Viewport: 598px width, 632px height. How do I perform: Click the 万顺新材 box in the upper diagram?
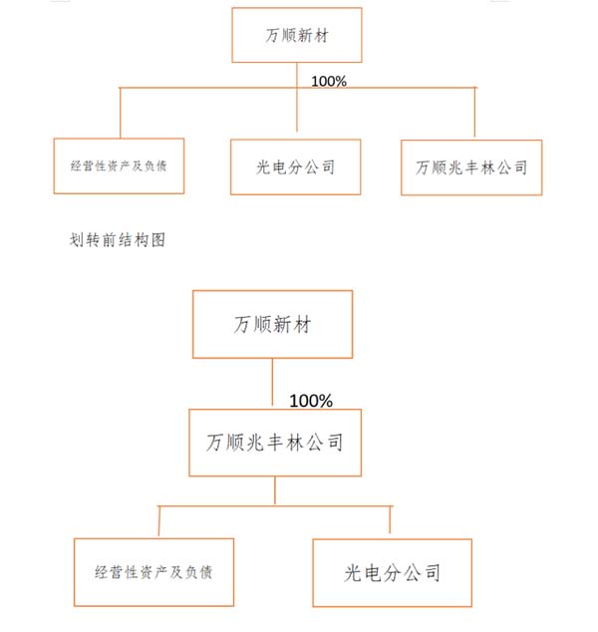297,35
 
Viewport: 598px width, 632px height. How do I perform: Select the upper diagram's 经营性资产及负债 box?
119,166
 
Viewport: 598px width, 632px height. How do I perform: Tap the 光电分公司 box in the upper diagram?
295,166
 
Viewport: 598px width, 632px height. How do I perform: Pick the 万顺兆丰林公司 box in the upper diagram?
471,167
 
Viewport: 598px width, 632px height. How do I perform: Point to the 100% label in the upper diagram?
329,82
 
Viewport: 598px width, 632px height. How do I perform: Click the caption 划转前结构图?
118,240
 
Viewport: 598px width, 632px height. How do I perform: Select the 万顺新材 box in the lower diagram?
273,324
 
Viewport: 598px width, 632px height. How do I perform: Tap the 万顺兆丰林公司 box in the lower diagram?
275,443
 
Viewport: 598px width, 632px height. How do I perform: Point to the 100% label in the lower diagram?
311,401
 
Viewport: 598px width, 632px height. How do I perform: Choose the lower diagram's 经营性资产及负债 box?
153,572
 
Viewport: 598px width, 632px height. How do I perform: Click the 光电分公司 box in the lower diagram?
393,573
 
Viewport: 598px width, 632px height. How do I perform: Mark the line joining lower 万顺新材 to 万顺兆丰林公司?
272,382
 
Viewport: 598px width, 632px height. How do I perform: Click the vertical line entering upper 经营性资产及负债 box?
120,113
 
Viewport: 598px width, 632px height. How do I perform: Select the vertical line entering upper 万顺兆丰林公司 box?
474,113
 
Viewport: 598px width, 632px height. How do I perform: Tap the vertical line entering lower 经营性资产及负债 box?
159,520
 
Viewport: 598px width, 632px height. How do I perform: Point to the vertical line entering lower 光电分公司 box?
390,519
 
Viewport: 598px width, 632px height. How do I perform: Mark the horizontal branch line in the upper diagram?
298,88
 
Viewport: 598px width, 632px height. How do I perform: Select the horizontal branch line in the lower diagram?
275,505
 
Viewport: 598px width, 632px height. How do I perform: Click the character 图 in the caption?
158,240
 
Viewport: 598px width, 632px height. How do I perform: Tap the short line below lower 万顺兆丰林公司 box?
275,490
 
